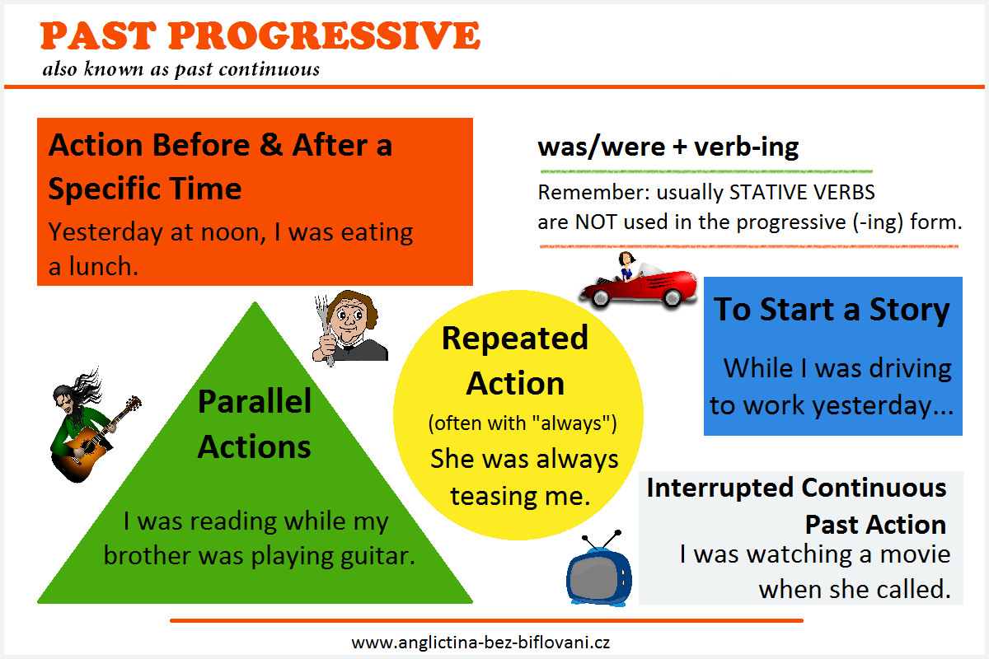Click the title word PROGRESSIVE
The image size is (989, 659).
pyautogui.click(x=325, y=35)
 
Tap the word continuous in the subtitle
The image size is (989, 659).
pyautogui.click(x=269, y=69)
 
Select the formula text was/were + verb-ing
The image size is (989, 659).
pyautogui.click(x=668, y=147)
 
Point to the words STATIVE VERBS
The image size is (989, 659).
pyautogui.click(x=802, y=193)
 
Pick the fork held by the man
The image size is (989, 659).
pyautogui.click(x=324, y=329)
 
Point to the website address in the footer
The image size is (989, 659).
pyautogui.click(x=480, y=643)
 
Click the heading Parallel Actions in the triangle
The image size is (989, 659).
pyautogui.click(x=255, y=423)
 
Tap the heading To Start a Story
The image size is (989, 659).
pyautogui.click(x=832, y=310)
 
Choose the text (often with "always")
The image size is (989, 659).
pyautogui.click(x=523, y=423)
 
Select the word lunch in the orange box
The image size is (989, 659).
pyautogui.click(x=104, y=267)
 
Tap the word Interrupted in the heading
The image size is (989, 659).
pyautogui.click(x=720, y=488)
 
